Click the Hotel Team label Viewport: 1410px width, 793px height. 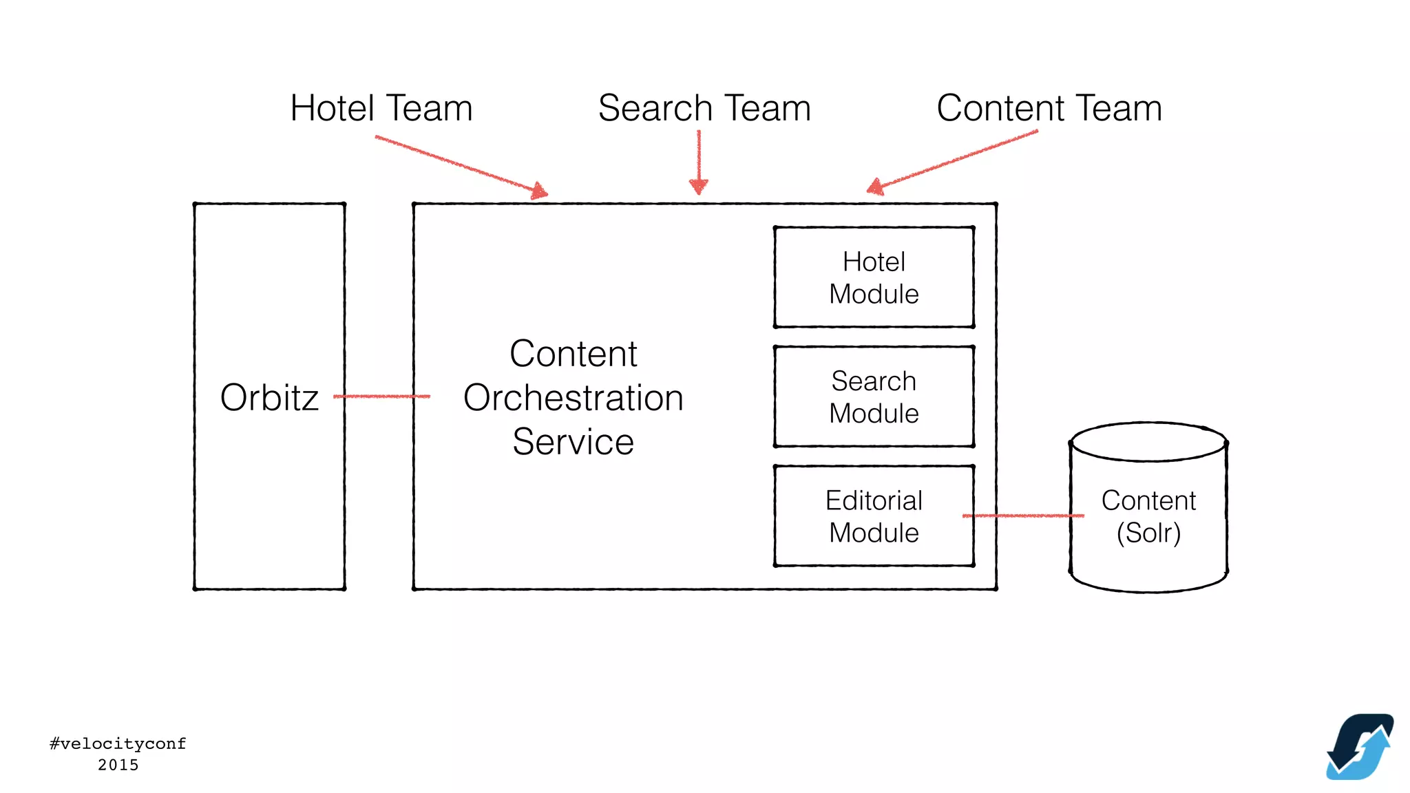381,108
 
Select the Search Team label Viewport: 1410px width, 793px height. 704,108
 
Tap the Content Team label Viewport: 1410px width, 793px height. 1049,108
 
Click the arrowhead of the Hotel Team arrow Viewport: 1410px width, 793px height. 540,191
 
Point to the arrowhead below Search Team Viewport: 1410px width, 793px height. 698,186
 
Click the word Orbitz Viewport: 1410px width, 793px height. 269,398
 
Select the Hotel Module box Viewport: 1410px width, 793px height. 874,277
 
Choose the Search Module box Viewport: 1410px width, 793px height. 874,396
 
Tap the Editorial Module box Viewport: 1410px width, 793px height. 874,516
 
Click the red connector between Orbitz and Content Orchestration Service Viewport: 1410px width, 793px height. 381,396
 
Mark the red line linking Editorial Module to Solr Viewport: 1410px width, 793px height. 1023,516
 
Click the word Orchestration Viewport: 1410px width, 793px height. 573,398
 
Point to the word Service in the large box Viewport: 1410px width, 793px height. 573,442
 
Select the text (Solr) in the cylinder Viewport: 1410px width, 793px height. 1148,533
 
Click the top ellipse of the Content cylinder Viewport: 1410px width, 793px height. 1148,441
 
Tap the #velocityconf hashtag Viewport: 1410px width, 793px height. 118,743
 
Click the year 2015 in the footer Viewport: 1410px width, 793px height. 118,765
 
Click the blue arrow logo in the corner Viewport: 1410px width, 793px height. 1360,747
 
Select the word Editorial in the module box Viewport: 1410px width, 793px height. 874,500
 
